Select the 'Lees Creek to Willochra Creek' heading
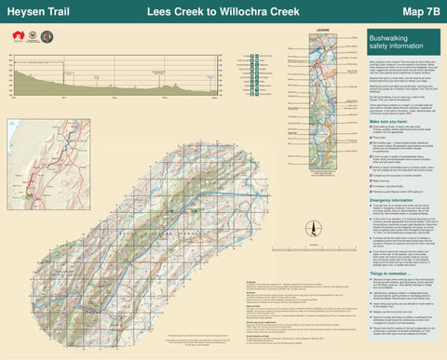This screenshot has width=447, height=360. tap(223, 12)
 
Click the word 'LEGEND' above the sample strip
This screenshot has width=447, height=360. tap(324, 31)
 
